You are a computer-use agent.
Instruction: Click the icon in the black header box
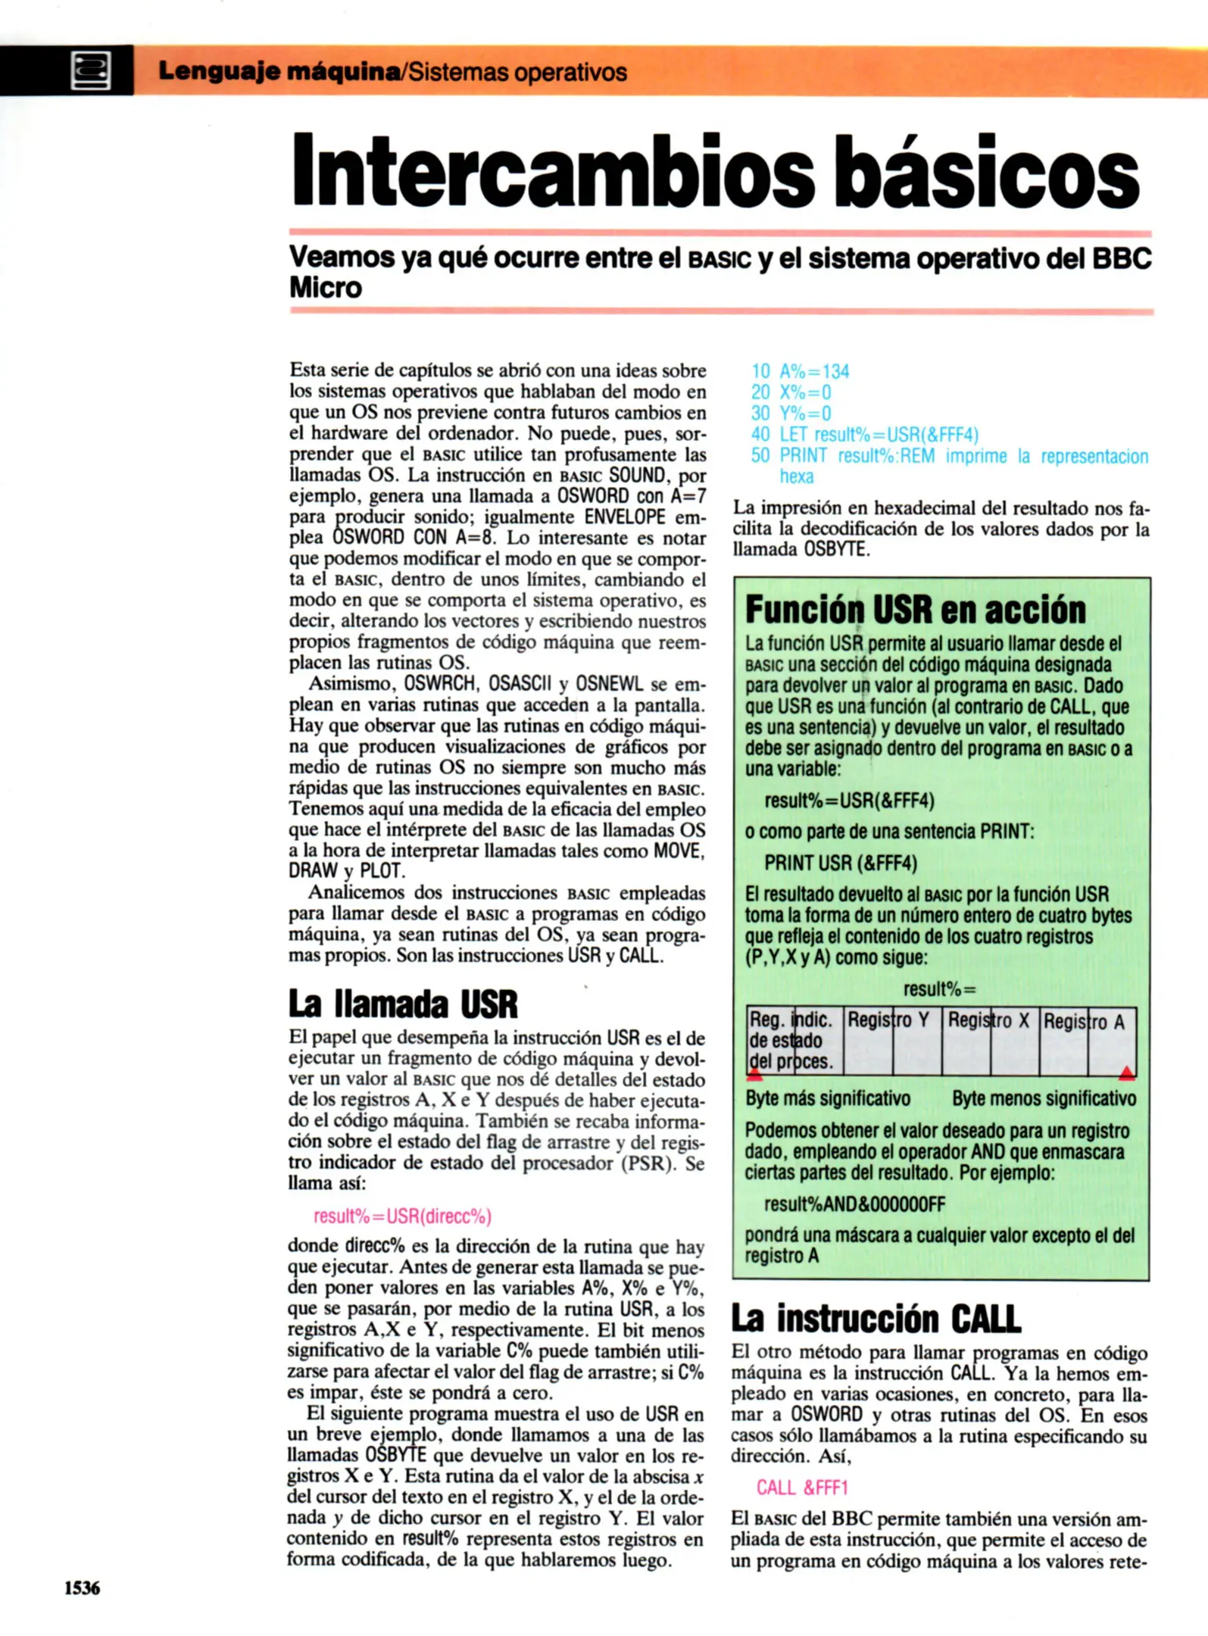click(x=90, y=71)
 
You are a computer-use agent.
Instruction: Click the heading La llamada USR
click(x=403, y=1004)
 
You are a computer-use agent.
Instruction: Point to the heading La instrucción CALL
click(x=876, y=1319)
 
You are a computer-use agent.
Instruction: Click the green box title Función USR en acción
click(x=915, y=610)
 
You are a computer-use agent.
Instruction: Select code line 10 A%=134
click(x=800, y=371)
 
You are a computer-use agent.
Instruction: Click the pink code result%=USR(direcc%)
click(x=402, y=1216)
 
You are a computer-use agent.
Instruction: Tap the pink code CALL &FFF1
click(x=802, y=1488)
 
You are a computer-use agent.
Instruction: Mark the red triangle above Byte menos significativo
click(x=1126, y=1072)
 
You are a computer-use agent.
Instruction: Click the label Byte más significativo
click(x=827, y=1098)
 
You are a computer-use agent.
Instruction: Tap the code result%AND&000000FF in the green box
click(x=854, y=1204)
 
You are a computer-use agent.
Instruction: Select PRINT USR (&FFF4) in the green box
click(x=840, y=863)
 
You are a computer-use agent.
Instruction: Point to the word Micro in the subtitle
click(x=326, y=288)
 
